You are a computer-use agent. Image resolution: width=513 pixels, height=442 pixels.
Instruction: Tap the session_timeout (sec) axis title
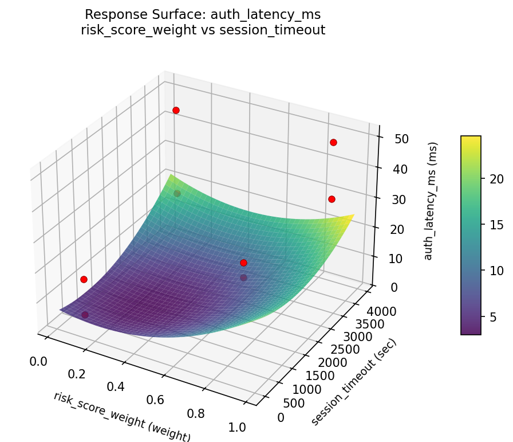pos(354,382)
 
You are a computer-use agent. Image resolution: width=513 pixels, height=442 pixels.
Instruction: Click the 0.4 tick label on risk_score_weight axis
pos(116,386)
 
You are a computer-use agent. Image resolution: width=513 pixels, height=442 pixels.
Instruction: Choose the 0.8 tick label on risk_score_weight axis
pos(197,413)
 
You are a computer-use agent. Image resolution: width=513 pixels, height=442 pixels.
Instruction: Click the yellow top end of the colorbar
pos(471,138)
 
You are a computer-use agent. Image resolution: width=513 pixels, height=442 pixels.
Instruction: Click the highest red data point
pos(176,110)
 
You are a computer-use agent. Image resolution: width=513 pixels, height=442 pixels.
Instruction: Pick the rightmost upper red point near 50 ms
pos(333,142)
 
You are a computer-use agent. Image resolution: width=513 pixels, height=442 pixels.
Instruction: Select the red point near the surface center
pos(243,263)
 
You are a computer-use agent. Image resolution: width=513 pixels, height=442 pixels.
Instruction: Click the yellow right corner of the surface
pos(353,216)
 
